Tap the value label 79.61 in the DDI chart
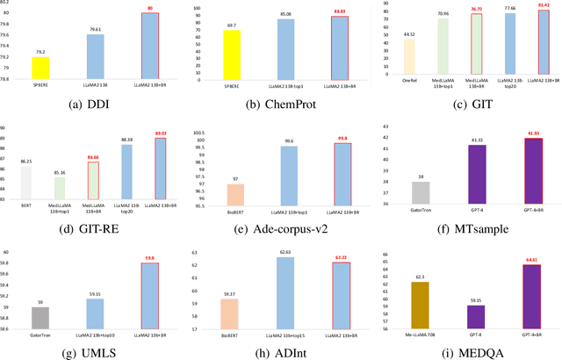(x=96, y=29)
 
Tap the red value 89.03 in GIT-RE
(x=159, y=133)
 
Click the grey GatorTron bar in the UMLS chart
(x=40, y=320)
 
